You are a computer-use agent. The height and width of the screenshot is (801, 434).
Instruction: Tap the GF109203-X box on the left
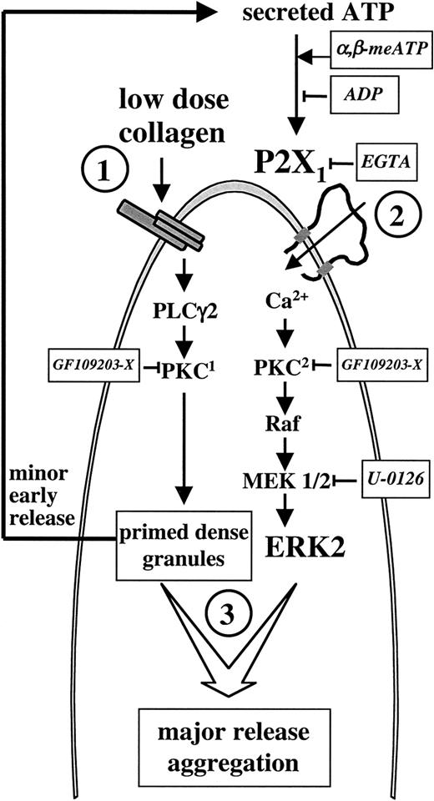pos(92,365)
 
